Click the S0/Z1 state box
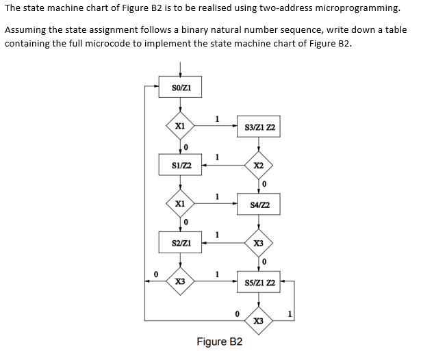(181, 87)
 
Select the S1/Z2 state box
(181, 165)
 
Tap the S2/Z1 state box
(181, 243)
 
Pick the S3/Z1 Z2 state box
(259, 127)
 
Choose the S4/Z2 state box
(259, 204)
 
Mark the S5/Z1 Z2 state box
(259, 282)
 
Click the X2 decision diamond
(259, 166)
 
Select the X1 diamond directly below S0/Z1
(181, 126)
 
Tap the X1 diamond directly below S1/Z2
(181, 204)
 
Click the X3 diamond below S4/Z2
(259, 243)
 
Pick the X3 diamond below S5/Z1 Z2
(259, 320)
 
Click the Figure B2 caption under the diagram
(220, 342)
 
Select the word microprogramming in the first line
(356, 8)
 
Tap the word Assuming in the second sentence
(27, 30)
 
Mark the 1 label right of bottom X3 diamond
(290, 314)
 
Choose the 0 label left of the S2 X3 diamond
(156, 274)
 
